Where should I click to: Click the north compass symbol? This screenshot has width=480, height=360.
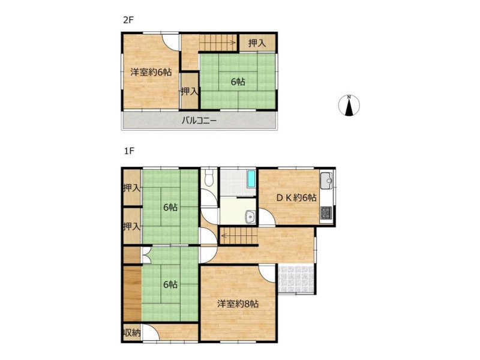(349, 106)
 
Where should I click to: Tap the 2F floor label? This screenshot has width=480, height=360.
(128, 20)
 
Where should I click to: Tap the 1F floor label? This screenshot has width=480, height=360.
(129, 151)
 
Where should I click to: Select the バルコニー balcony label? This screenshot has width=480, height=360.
(199, 121)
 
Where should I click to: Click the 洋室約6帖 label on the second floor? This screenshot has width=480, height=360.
(151, 72)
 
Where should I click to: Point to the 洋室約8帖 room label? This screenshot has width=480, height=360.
(238, 304)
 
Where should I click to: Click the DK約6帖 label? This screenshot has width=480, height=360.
(296, 198)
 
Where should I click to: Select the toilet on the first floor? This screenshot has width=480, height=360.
(209, 178)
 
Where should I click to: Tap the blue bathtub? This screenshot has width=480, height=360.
(251, 179)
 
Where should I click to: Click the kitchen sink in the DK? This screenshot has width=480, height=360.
(327, 182)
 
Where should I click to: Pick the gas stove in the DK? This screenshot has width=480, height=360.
(326, 213)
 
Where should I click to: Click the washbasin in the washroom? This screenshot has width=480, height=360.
(251, 217)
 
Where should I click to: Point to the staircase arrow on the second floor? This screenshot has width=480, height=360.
(218, 43)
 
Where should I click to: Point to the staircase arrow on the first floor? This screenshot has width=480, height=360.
(239, 236)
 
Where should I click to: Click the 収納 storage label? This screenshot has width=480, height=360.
(132, 333)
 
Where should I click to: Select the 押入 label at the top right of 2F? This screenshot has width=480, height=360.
(257, 43)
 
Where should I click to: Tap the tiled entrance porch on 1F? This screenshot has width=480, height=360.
(296, 280)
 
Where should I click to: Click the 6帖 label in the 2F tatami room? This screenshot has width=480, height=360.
(238, 82)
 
